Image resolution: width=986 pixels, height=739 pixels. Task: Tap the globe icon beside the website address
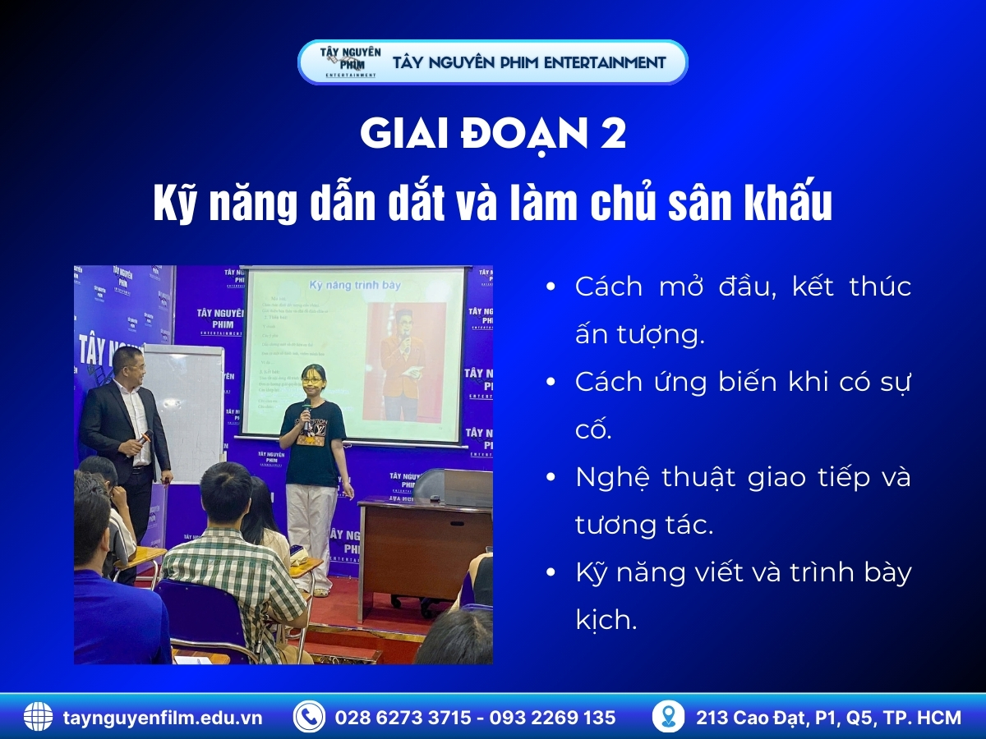[38, 717]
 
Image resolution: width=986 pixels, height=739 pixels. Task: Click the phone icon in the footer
[309, 717]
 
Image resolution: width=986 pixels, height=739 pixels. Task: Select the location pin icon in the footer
[668, 717]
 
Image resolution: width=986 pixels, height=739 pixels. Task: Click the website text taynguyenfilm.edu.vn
[163, 718]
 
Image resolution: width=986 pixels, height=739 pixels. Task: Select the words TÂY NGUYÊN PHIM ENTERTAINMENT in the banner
[530, 62]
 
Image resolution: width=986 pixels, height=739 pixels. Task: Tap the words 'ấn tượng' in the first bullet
[639, 335]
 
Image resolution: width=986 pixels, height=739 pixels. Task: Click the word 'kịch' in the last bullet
[606, 620]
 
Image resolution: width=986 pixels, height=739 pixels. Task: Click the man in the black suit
[126, 427]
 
